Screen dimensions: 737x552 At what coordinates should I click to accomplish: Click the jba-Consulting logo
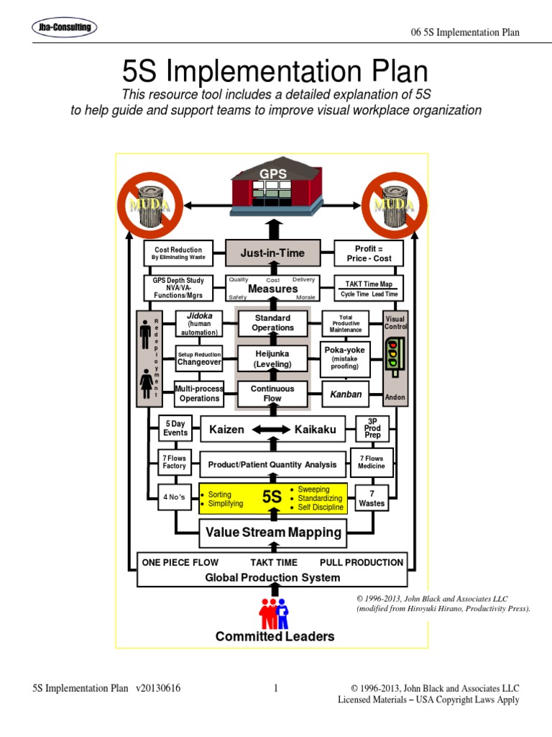click(65, 28)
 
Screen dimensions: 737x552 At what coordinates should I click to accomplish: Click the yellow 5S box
click(272, 498)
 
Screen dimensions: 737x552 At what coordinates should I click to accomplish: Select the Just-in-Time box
click(272, 253)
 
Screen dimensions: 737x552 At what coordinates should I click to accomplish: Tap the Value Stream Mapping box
click(272, 533)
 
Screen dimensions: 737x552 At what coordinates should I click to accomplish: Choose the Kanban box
click(345, 394)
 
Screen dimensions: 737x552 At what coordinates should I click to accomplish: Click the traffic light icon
click(393, 354)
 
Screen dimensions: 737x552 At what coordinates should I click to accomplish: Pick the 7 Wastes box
click(372, 498)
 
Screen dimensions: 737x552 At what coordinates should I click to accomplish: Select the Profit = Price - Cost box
click(369, 253)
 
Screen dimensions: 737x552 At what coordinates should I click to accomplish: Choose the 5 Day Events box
click(175, 428)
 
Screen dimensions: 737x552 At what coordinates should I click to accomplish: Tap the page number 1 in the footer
click(275, 689)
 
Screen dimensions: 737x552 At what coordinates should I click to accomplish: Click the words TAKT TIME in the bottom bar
click(274, 563)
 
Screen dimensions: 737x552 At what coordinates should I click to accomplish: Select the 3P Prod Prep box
click(372, 428)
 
